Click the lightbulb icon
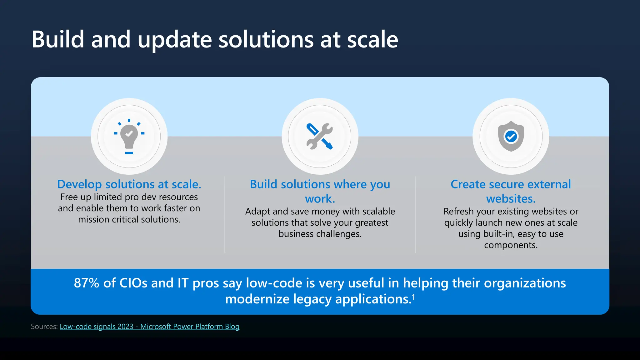[x=129, y=136]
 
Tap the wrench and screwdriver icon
[x=320, y=136]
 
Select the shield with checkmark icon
[x=511, y=136]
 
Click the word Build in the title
[x=58, y=40]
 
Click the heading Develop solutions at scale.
[x=129, y=184]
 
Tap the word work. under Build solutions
[x=320, y=199]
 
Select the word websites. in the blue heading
[x=511, y=199]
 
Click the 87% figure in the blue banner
[x=86, y=283]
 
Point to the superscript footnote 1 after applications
[x=413, y=297]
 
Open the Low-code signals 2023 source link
[x=149, y=327]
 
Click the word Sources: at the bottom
[x=44, y=327]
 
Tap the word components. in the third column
[x=511, y=245]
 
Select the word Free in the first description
[x=69, y=197]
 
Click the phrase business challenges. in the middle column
[x=320, y=234]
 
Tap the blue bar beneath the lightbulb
[x=129, y=153]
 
